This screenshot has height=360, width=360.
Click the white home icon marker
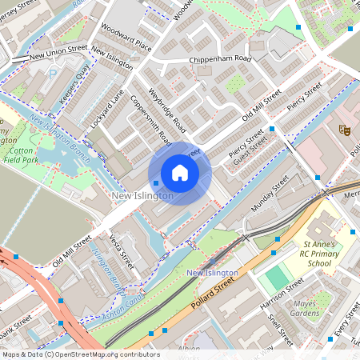180,173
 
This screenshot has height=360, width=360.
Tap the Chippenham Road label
220,60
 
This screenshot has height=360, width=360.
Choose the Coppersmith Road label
150,119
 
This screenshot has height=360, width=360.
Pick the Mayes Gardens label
312,309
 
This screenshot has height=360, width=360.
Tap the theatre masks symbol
345,128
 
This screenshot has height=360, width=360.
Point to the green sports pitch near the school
275,278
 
